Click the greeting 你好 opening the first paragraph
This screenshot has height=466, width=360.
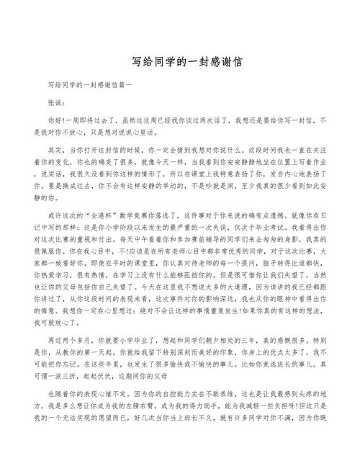point(55,121)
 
